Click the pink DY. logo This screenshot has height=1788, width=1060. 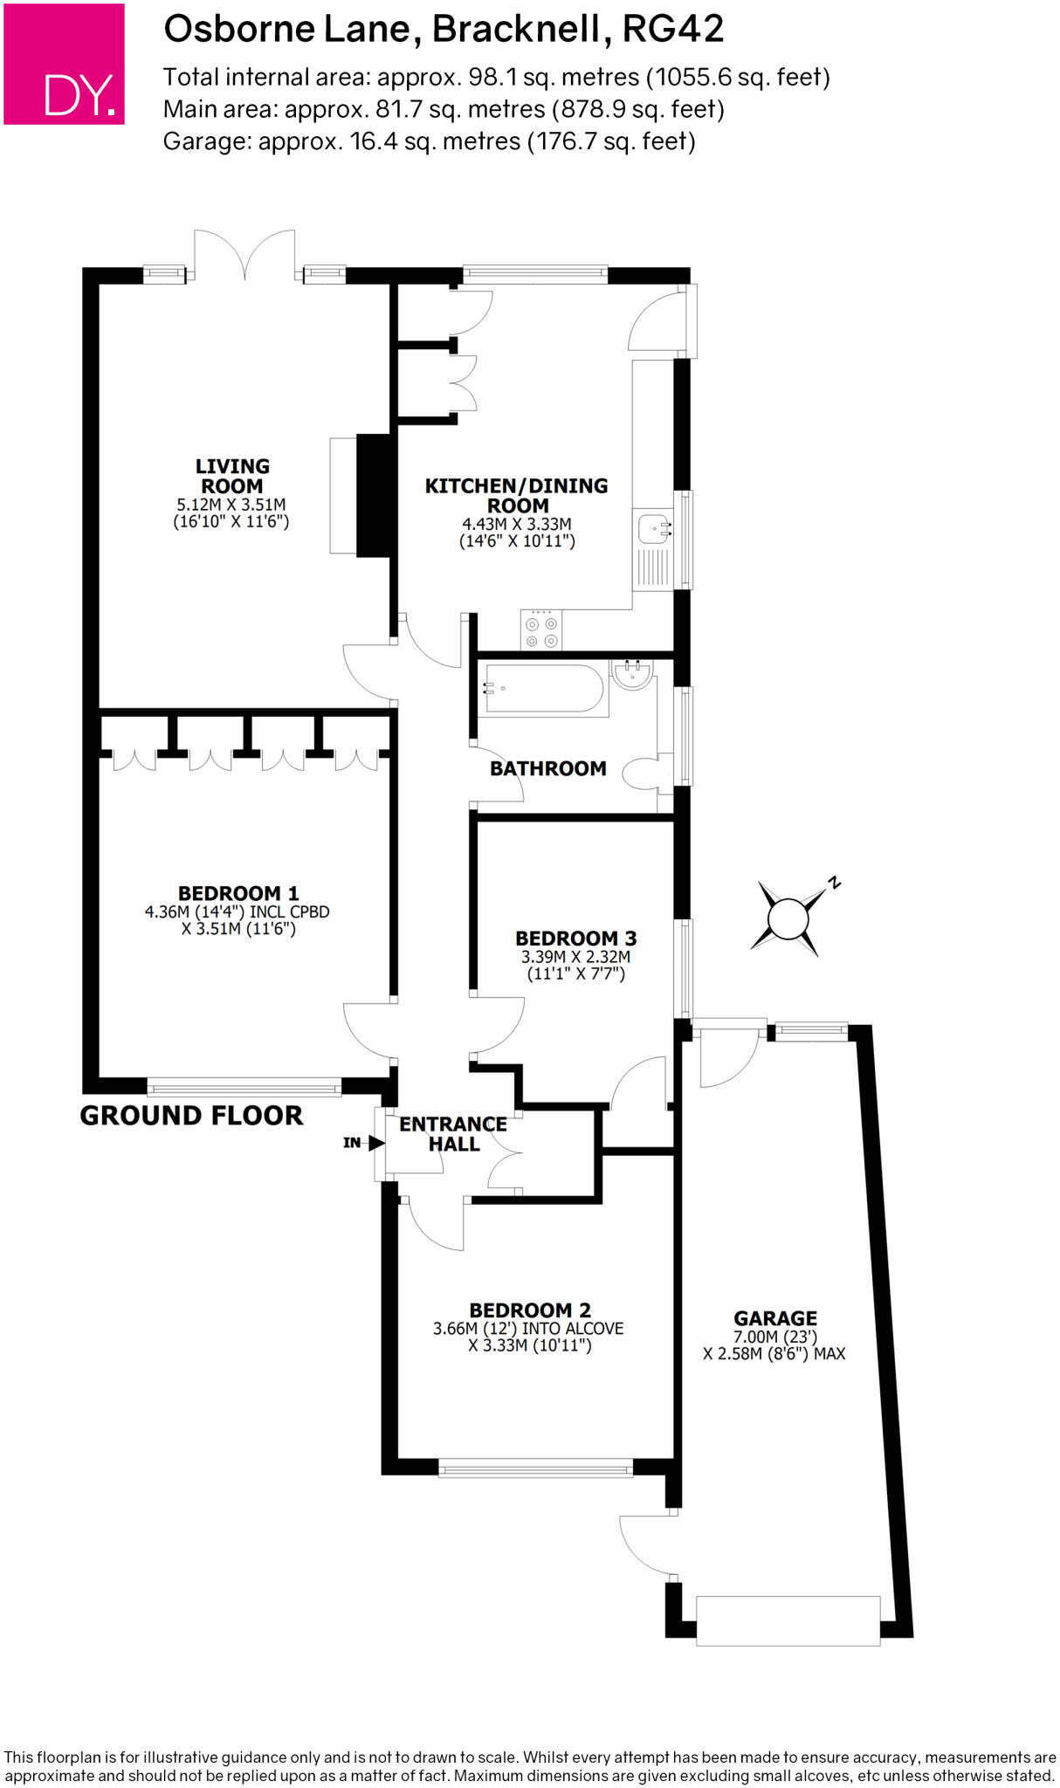pyautogui.click(x=64, y=64)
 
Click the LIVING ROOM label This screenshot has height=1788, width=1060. pyautogui.click(x=232, y=476)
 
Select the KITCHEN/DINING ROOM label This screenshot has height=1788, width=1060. pyautogui.click(x=517, y=495)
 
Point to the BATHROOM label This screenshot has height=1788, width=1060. pyautogui.click(x=548, y=768)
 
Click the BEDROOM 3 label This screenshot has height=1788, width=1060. pyautogui.click(x=576, y=939)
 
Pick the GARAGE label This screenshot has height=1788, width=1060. pyautogui.click(x=775, y=1318)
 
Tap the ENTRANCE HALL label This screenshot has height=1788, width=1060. pyautogui.click(x=453, y=1134)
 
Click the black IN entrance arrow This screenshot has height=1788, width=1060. pyautogui.click(x=377, y=1143)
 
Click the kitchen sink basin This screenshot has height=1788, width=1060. pyautogui.click(x=652, y=528)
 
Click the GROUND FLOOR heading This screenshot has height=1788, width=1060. pyautogui.click(x=191, y=1115)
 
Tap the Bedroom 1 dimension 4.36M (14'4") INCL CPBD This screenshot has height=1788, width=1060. pyautogui.click(x=237, y=911)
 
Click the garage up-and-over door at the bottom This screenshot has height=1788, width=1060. pyautogui.click(x=788, y=1621)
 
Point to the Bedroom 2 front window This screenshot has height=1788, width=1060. pyautogui.click(x=535, y=1468)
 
